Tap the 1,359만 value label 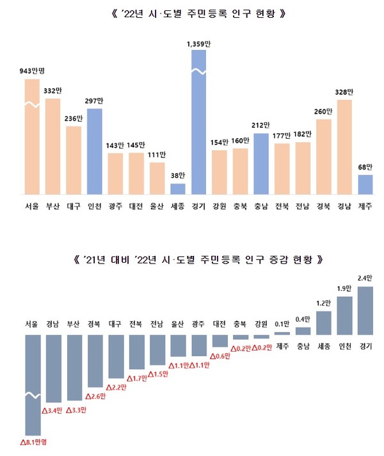tap(199, 43)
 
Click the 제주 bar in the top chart tap(365, 184)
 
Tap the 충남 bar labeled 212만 tap(262, 164)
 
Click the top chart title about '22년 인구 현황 tap(193, 13)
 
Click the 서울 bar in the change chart tap(33, 384)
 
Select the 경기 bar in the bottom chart tap(365, 311)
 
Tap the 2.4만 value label tap(365, 279)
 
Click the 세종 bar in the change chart tap(324, 323)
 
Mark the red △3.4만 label tap(54, 409)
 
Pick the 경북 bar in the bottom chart tap(95, 361)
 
